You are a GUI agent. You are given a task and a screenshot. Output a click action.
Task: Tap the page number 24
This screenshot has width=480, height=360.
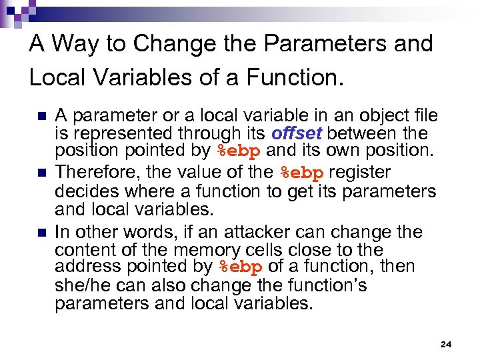click(446, 344)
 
